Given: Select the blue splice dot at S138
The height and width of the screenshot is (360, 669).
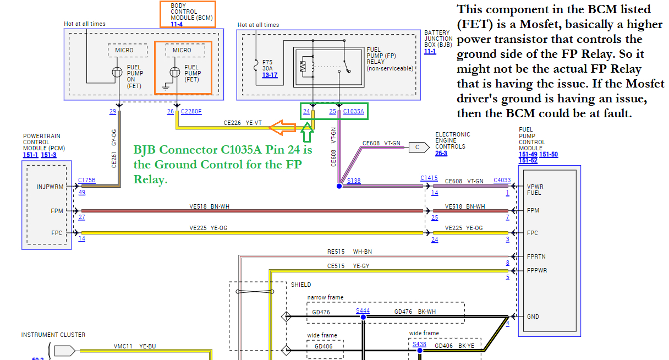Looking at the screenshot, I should pos(339,186).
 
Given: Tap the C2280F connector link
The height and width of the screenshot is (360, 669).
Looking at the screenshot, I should pos(191,112).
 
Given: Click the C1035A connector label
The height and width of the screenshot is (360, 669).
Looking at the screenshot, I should pos(353,112).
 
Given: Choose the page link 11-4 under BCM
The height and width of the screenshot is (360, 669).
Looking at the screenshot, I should pos(177,24).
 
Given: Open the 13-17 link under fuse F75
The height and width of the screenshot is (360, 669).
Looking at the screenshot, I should pos(270,75).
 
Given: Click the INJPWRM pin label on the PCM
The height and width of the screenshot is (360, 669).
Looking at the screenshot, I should pos(51,187).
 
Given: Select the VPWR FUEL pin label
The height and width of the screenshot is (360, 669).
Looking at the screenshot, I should pos(535,189).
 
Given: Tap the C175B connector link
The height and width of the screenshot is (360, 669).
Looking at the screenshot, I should pos(86,180).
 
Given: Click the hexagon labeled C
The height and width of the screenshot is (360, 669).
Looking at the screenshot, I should pos(419,147).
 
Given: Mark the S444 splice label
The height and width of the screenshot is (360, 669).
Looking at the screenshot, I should pos(363,311).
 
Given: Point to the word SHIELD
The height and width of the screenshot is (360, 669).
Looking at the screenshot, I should pos(300,285).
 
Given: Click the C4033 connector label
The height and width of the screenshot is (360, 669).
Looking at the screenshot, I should pos(502,180).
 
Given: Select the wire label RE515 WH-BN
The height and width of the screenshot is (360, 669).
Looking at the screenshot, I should pos(349,252).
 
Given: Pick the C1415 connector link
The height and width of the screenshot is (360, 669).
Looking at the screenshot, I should pos(429,178).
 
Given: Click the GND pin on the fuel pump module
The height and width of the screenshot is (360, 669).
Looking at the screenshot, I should pos(533,317).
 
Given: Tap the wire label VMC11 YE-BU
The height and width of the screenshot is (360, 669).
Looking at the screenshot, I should pos(135,346).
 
